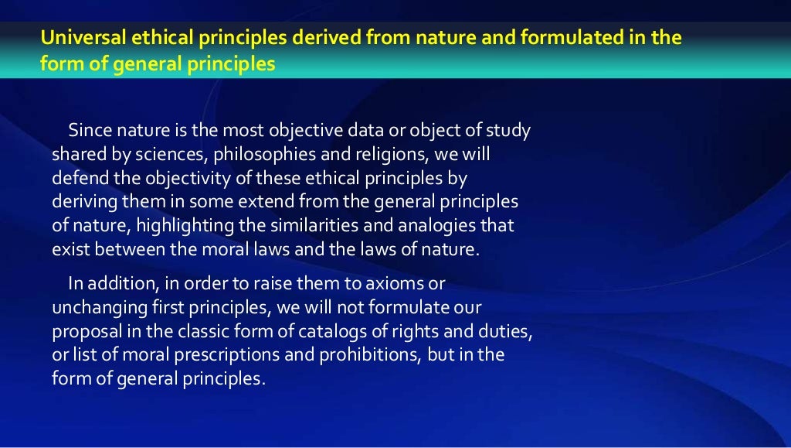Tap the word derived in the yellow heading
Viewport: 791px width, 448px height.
282,38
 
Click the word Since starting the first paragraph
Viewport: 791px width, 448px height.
88,130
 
